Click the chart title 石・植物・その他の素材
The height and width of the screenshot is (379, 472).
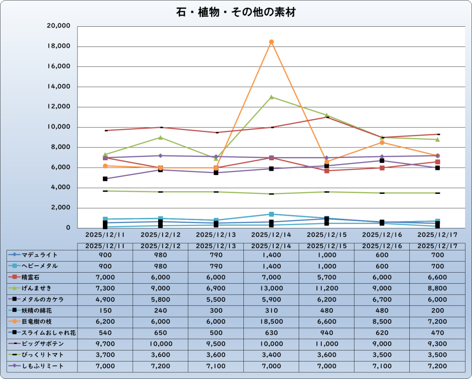click(x=236, y=12)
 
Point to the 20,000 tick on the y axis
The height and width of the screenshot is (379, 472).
click(x=59, y=26)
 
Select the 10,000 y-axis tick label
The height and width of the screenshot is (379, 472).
click(x=59, y=127)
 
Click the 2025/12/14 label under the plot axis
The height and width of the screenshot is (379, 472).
click(x=271, y=234)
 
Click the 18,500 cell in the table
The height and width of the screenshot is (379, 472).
click(x=271, y=321)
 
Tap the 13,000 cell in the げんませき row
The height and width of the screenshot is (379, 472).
click(x=271, y=288)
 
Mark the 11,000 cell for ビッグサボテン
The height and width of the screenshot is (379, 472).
click(x=326, y=344)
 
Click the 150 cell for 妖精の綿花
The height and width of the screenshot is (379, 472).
click(x=105, y=310)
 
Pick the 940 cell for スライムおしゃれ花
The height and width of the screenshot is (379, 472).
click(x=326, y=332)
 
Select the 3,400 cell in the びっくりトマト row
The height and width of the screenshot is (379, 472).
click(x=271, y=355)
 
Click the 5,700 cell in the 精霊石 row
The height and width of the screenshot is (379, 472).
click(x=326, y=277)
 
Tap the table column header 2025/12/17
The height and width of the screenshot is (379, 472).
click(x=437, y=246)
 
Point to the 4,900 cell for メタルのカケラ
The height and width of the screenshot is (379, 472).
click(x=105, y=299)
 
